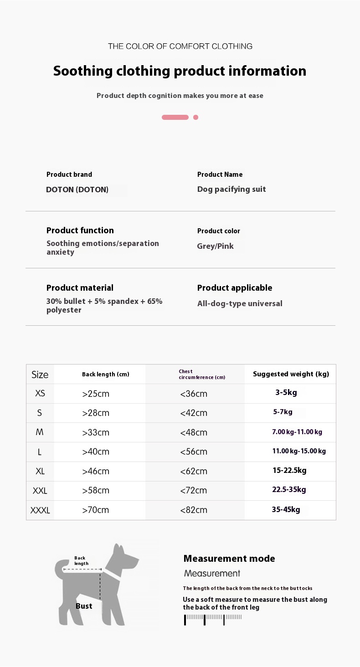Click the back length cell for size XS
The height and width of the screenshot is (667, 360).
click(x=96, y=394)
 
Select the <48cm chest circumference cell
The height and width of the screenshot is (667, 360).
click(x=194, y=432)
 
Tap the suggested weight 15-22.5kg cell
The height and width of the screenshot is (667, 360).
click(x=289, y=470)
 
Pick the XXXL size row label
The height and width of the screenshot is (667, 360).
click(x=40, y=510)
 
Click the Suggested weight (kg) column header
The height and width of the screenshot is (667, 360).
click(x=291, y=374)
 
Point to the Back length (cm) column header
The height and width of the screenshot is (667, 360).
click(x=106, y=375)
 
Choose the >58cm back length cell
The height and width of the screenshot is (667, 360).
click(x=96, y=491)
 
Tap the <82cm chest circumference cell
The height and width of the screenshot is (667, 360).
click(x=194, y=510)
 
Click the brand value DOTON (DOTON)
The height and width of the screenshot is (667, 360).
click(x=77, y=190)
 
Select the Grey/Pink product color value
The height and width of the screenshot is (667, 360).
click(x=215, y=246)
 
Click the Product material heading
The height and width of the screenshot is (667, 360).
click(x=80, y=288)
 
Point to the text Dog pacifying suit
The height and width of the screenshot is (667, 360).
click(x=231, y=189)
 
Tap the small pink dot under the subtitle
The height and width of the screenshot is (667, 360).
click(x=195, y=117)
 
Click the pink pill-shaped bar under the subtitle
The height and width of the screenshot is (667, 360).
click(x=175, y=117)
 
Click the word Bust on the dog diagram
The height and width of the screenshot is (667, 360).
click(x=84, y=606)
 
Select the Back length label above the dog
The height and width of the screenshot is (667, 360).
click(x=81, y=560)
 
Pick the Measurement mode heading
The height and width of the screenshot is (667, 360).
click(x=229, y=559)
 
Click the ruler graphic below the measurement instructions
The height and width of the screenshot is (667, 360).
click(x=213, y=619)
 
